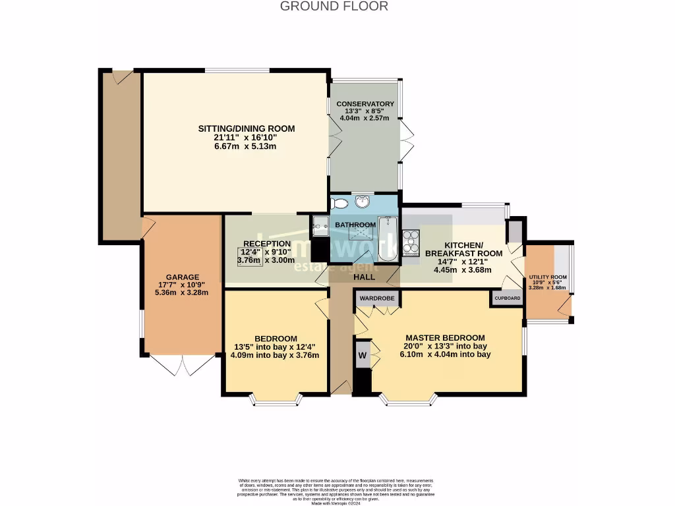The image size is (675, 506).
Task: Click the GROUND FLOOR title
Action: pyautogui.click(x=334, y=7)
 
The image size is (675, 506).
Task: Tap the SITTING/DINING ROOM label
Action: pyautogui.click(x=247, y=128)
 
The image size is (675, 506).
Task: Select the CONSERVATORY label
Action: pyautogui.click(x=365, y=104)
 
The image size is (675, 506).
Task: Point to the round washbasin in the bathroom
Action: pyautogui.click(x=363, y=202)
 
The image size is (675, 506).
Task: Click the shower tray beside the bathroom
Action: pyautogui.click(x=320, y=225)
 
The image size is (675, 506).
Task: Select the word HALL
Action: pyautogui.click(x=364, y=277)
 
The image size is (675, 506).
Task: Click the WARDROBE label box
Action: pyautogui.click(x=377, y=298)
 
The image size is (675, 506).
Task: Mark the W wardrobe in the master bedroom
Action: pyautogui.click(x=362, y=356)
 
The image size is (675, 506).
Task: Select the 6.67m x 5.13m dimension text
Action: pyautogui.click(x=247, y=146)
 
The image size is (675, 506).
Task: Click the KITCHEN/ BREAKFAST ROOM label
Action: pyautogui.click(x=463, y=249)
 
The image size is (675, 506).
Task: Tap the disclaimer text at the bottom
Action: pyautogui.click(x=337, y=490)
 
